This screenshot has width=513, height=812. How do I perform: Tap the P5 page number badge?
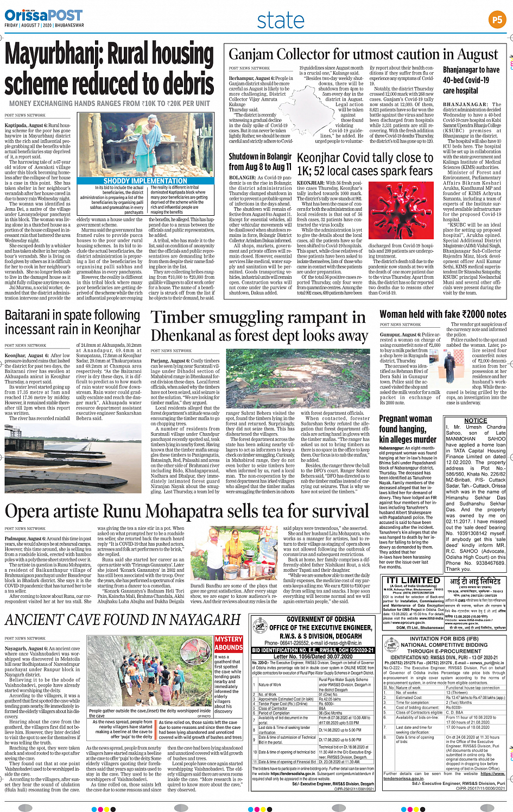pos(496,20)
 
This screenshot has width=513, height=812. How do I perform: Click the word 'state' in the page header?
pos(281,21)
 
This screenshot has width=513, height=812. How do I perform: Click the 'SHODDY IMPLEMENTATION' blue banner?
pos(145,180)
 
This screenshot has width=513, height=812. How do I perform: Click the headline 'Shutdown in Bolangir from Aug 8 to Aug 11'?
pos(260,161)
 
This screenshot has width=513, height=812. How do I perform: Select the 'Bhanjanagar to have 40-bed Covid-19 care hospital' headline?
pos(471,80)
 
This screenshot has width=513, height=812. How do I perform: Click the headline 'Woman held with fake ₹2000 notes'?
pos(442,314)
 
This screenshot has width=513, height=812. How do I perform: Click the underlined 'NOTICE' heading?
pos(476,420)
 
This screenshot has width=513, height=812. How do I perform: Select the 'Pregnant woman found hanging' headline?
pos(407,428)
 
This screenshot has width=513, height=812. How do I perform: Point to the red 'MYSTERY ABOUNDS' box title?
pos(229,644)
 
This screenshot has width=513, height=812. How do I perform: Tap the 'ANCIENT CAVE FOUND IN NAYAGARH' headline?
pos(123,620)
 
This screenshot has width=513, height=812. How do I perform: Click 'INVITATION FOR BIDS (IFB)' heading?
pos(444,639)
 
